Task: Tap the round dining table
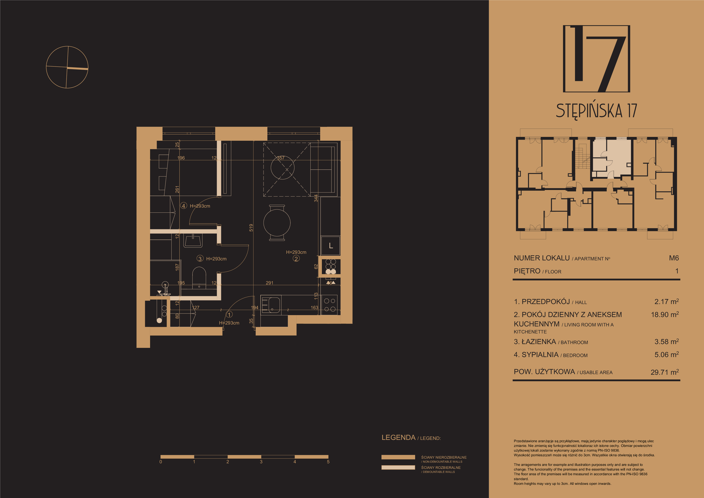coord(277,223)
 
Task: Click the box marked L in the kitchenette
coord(331,246)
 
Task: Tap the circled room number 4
coord(183,206)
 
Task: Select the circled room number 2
coord(296,258)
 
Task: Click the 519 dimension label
coord(251,228)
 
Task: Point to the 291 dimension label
coord(270,283)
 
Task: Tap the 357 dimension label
coord(281,158)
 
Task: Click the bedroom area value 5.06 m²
coord(667,354)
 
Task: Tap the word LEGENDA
coord(398,437)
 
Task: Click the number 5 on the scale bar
coord(328,462)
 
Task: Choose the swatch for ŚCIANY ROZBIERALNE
coord(398,467)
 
